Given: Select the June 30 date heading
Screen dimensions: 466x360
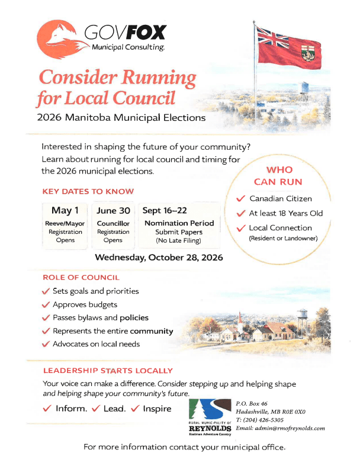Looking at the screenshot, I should point(112,210).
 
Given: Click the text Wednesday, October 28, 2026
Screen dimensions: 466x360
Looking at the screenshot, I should point(159,258).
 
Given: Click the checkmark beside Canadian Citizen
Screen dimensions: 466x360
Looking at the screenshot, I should point(240,199).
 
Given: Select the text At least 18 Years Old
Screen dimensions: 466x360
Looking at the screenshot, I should point(286,213).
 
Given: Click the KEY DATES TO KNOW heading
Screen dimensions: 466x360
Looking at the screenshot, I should point(88,191).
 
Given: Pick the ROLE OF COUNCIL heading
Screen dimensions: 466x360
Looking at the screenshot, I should point(81,277).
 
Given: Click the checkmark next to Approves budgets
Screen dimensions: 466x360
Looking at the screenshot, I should point(46,305).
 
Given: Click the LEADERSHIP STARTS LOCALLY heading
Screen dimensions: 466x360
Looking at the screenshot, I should point(108,371).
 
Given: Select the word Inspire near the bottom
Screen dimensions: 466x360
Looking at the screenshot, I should point(157,409).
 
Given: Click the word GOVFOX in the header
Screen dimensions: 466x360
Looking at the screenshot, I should point(125,32).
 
